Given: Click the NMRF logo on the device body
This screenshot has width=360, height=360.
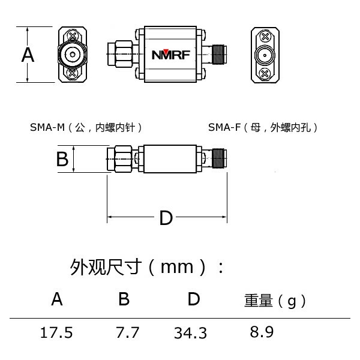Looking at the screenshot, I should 170,55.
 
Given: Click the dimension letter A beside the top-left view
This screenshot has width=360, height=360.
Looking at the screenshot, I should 28,55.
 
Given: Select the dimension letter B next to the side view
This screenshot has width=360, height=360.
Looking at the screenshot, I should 62,159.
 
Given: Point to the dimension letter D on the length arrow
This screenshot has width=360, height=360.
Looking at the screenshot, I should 166,218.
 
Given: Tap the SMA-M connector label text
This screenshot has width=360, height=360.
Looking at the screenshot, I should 86,127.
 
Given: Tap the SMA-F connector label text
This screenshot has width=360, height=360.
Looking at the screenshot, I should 263,127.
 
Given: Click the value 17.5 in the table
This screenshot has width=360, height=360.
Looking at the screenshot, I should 56,332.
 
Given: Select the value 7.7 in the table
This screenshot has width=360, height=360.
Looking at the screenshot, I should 127,332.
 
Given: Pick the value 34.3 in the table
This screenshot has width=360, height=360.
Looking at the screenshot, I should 190,332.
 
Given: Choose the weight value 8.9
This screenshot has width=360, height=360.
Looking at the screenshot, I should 262,332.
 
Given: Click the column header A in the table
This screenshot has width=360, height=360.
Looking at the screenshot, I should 57,299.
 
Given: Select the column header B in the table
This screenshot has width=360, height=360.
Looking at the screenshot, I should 124,299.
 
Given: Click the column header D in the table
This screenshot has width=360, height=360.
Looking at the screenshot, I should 193,299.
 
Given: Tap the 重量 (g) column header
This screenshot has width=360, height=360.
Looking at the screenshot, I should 275,300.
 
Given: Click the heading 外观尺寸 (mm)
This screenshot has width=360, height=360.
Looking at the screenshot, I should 147,266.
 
